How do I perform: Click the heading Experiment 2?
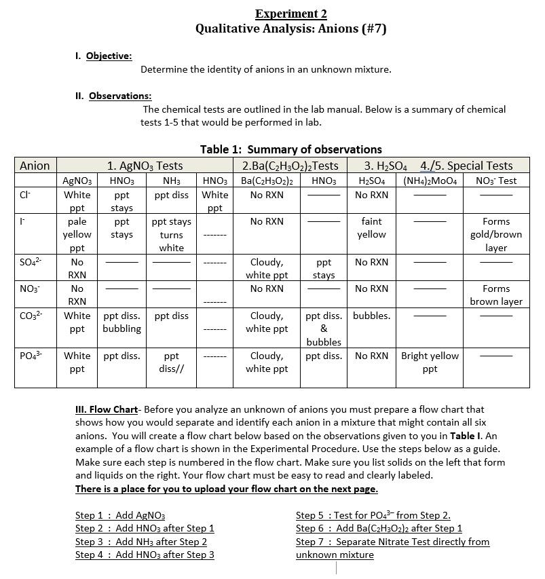click(x=290, y=14)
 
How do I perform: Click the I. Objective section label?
click(x=103, y=56)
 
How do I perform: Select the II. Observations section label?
click(x=113, y=96)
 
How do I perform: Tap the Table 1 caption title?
click(x=290, y=149)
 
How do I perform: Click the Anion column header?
click(x=35, y=166)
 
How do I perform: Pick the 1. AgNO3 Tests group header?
click(x=145, y=166)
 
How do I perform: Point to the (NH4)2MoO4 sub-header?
click(x=430, y=181)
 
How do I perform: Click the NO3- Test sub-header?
click(x=495, y=181)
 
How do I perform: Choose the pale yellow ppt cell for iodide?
click(x=77, y=234)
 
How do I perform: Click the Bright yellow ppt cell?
click(x=430, y=362)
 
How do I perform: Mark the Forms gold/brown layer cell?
click(x=495, y=234)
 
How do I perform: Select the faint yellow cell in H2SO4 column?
click(x=371, y=228)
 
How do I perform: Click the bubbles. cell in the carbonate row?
click(x=371, y=316)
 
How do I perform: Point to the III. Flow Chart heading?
click(x=106, y=409)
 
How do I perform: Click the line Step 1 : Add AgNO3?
click(x=120, y=515)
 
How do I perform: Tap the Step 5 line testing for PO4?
click(x=373, y=515)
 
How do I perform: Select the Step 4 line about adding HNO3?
click(x=145, y=555)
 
